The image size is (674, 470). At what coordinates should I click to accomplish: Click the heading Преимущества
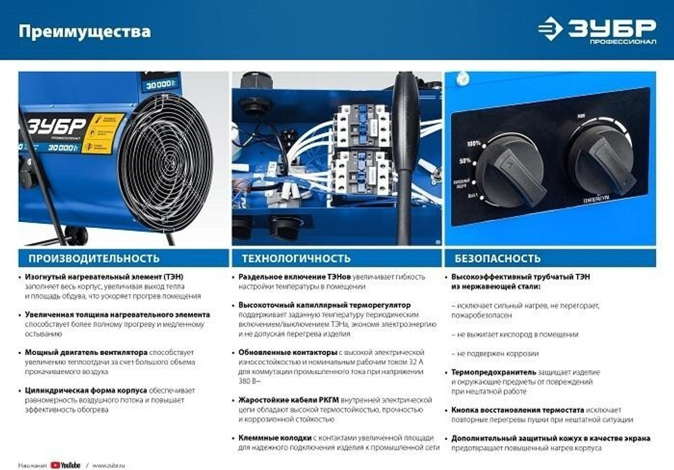84,32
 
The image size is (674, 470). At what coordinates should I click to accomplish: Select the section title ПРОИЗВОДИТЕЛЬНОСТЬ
94,258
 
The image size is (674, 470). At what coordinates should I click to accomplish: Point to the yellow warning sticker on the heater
102,133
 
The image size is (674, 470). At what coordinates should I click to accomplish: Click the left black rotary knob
510,169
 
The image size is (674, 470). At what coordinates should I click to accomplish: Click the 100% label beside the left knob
473,144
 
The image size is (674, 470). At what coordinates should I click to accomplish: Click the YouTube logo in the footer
70,465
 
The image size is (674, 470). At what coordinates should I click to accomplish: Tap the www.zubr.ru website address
109,465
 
